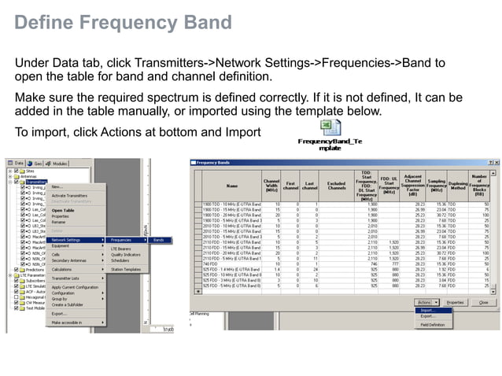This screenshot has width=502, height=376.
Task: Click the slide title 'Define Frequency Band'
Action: point(124,22)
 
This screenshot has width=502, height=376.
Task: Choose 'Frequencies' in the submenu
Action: point(122,239)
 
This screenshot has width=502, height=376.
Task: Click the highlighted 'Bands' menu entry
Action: point(159,239)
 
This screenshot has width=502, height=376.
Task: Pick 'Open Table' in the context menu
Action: point(64,210)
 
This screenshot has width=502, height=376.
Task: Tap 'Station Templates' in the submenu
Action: point(126,269)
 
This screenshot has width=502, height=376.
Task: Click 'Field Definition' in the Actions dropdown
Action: point(433,324)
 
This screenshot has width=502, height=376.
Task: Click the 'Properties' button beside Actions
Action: point(455,301)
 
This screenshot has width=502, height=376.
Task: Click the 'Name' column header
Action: point(231,186)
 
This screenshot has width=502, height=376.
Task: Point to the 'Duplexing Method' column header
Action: point(459,186)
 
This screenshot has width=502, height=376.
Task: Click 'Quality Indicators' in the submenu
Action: point(127,254)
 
